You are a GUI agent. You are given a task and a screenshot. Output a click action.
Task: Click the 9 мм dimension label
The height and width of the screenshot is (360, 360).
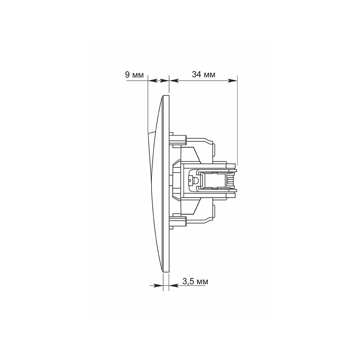click(x=134, y=75)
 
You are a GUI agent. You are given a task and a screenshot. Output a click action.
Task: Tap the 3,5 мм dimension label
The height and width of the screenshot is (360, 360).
click(x=195, y=281)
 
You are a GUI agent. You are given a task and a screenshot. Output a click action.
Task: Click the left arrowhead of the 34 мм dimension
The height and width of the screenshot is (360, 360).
click(x=174, y=81)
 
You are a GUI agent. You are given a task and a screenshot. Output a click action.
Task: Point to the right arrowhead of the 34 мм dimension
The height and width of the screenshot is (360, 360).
click(x=232, y=81)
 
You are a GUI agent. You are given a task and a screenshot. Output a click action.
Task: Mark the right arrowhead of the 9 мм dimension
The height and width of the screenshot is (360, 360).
click(x=164, y=81)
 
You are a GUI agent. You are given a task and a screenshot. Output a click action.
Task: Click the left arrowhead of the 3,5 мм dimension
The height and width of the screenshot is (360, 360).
click(x=158, y=285)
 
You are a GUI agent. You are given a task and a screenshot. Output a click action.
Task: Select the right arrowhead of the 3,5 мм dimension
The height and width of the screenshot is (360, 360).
click(x=174, y=285)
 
